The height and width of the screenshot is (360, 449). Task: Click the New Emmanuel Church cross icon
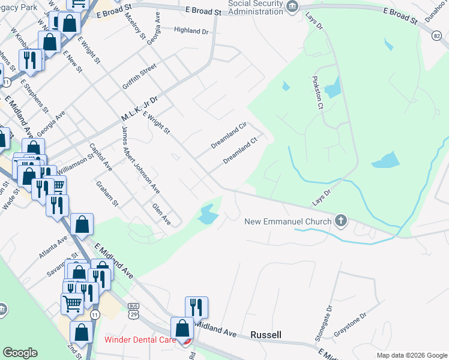click(341, 221)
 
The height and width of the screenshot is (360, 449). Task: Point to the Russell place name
click(266, 334)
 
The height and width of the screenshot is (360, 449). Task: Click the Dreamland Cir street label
click(229, 136)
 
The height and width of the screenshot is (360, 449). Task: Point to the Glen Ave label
click(161, 214)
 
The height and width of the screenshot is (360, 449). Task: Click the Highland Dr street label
click(191, 31)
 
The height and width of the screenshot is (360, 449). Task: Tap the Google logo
click(20, 353)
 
